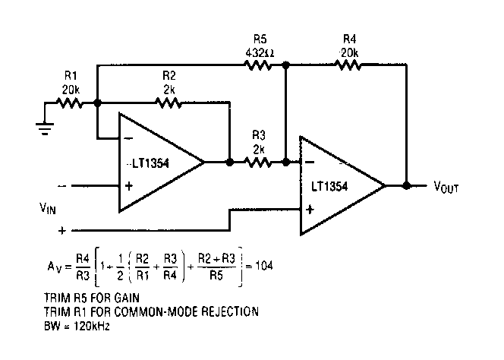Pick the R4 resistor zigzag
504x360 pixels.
pos(348,66)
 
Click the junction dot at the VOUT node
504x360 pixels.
pos(408,185)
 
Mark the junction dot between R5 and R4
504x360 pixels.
pos(285,66)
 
